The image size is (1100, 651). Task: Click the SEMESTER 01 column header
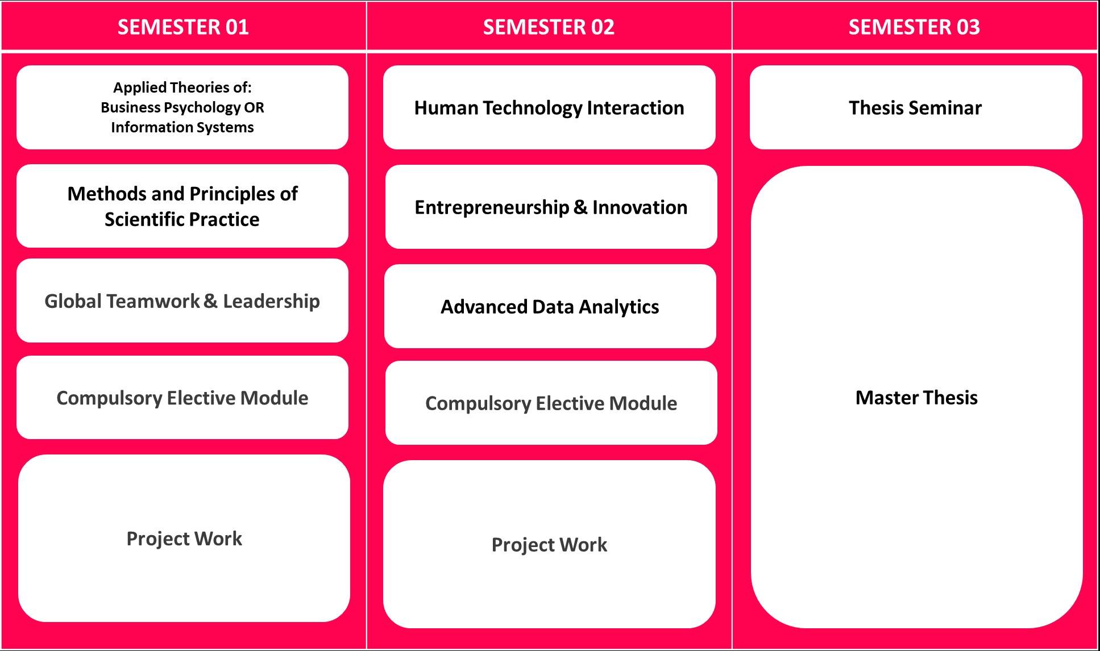click(x=183, y=27)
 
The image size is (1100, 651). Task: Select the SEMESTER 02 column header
click(x=549, y=27)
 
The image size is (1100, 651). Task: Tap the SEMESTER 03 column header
click(x=914, y=27)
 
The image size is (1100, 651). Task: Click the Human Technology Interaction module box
click(x=549, y=107)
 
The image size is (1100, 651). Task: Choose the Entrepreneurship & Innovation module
click(x=550, y=207)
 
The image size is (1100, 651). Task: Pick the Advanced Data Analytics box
click(x=550, y=307)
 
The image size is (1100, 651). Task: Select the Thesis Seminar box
click(x=915, y=107)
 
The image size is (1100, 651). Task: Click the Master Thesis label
click(x=916, y=397)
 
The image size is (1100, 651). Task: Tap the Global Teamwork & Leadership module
click(x=182, y=301)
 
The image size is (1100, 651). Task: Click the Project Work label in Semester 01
click(x=184, y=538)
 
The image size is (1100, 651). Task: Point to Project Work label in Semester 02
click(x=549, y=544)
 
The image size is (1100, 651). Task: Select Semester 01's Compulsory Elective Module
click(x=182, y=398)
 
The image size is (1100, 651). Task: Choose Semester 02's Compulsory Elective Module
click(x=551, y=403)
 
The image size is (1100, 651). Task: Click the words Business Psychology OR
click(x=182, y=107)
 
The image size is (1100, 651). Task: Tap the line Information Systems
click(x=182, y=127)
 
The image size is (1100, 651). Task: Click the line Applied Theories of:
click(x=182, y=87)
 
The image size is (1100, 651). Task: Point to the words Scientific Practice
click(x=182, y=219)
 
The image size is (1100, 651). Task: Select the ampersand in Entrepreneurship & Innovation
click(x=580, y=207)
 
